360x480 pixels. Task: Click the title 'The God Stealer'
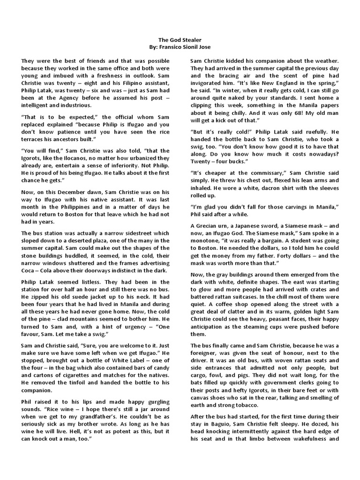(x=180, y=41)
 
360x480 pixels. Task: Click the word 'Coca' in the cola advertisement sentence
(x=30, y=270)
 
